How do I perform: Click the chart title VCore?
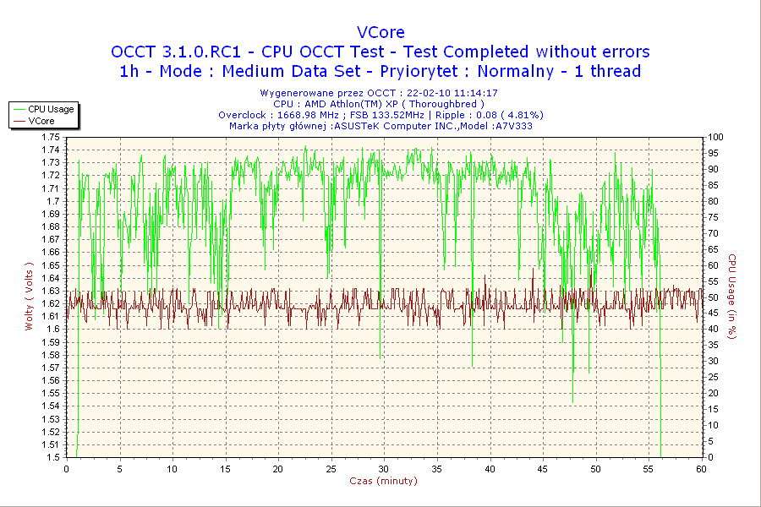point(380,33)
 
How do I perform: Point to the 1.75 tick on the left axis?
point(50,137)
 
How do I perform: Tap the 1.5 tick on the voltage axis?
point(52,457)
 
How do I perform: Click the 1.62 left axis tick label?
point(50,303)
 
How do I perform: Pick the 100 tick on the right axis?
point(715,137)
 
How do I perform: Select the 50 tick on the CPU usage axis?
point(713,297)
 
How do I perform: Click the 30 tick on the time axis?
point(384,468)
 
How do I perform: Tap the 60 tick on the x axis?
point(701,468)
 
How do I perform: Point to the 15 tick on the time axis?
point(225,468)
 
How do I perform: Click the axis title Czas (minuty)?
point(384,481)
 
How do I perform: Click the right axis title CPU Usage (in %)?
point(732,297)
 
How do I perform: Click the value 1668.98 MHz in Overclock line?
point(309,115)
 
